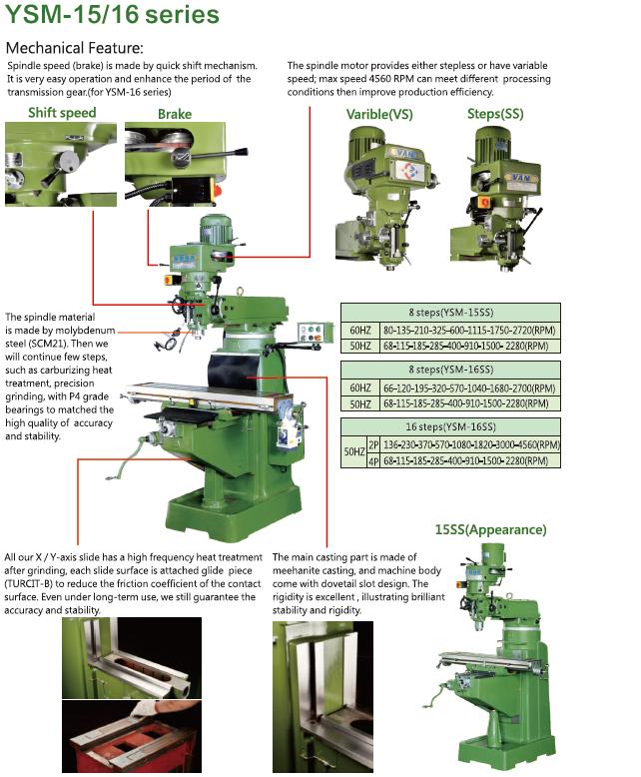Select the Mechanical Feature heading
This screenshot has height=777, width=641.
[75, 48]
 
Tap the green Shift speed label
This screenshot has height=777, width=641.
[62, 113]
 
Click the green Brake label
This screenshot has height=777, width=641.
[175, 114]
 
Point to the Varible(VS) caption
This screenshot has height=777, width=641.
[380, 114]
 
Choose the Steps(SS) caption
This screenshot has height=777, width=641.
[495, 114]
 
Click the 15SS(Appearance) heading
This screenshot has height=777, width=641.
[490, 529]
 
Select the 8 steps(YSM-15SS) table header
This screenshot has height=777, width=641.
[450, 312]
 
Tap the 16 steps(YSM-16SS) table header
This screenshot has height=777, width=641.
[450, 426]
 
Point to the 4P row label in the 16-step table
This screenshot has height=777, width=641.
[373, 460]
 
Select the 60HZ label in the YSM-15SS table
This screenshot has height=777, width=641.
[359, 329]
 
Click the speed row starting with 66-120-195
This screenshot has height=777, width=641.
[465, 388]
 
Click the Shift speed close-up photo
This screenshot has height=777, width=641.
[61, 159]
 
